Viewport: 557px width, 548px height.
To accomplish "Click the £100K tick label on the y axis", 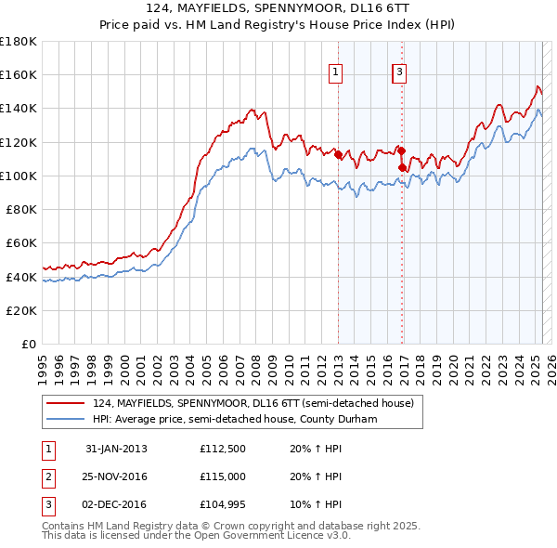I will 19,176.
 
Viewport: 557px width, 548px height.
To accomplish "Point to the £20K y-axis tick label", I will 21,310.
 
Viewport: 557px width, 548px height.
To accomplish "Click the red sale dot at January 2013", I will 338,155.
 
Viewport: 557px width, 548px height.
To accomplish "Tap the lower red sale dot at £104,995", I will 402,168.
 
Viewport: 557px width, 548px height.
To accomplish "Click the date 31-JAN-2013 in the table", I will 116,449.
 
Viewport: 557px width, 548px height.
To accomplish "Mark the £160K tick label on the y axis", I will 19,74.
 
